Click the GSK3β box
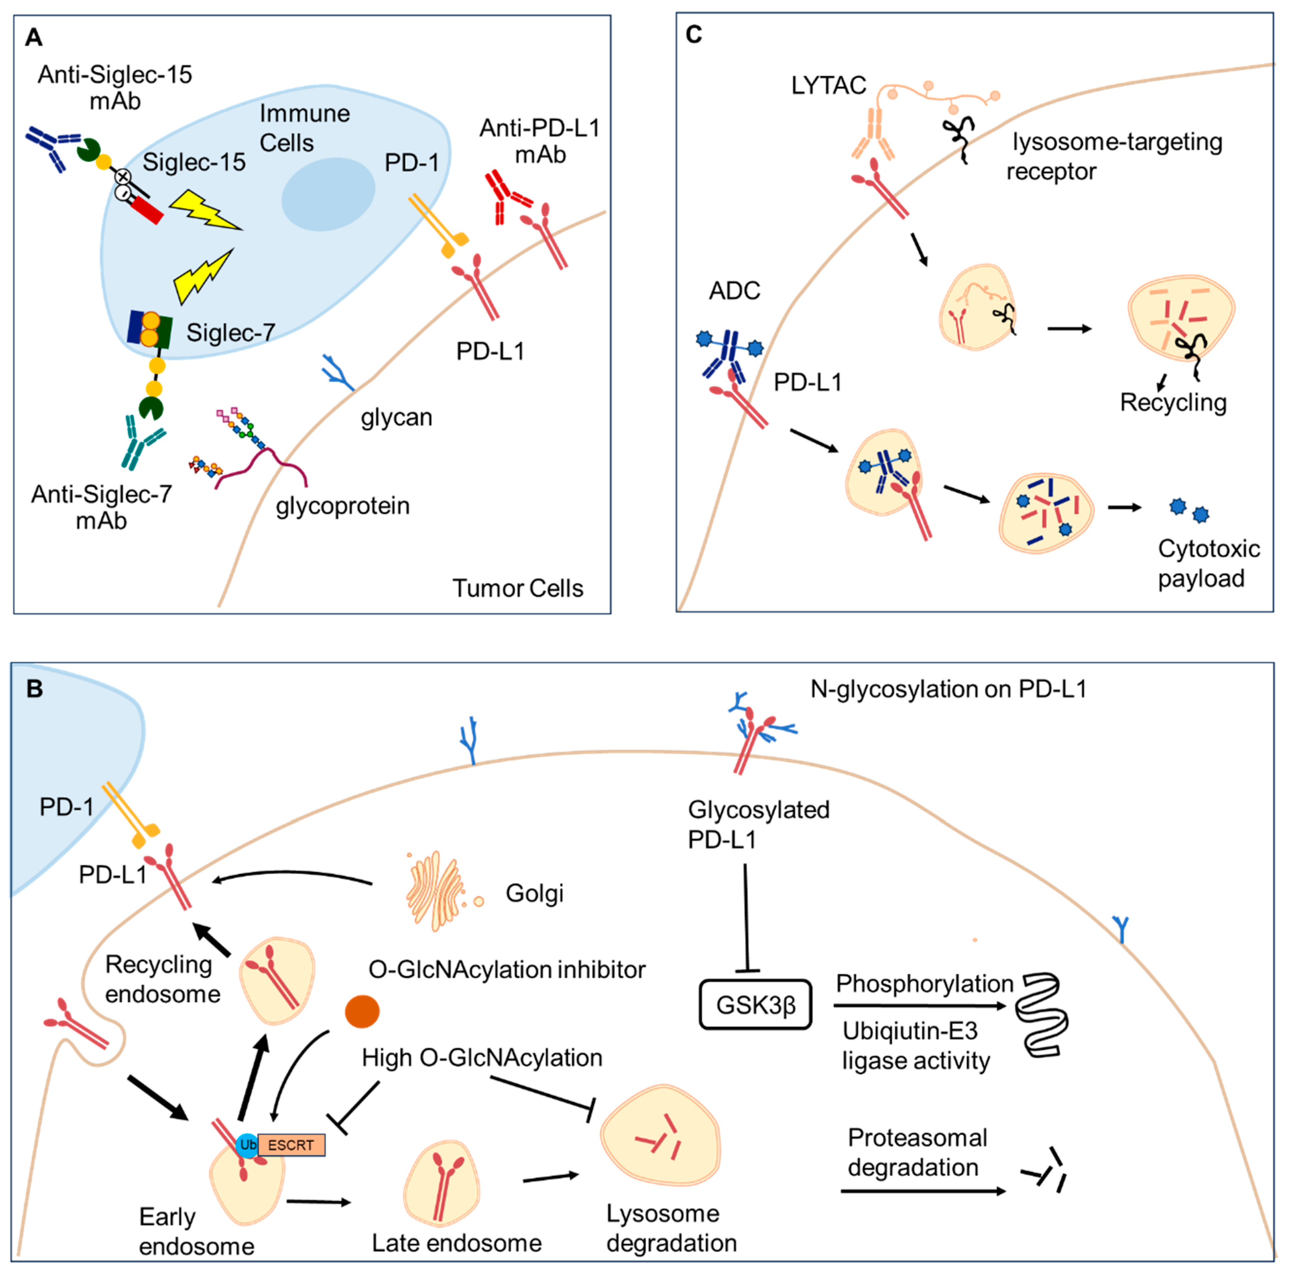[755, 1004]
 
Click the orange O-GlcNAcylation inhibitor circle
[362, 1011]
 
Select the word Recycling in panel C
[1173, 402]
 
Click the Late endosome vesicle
[441, 1184]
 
